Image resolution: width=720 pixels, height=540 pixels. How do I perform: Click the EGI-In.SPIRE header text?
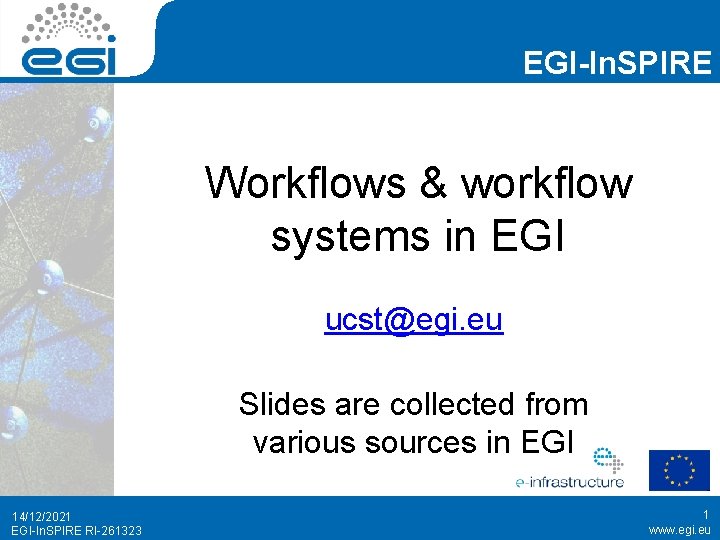click(617, 64)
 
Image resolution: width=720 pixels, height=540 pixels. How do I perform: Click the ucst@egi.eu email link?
click(413, 321)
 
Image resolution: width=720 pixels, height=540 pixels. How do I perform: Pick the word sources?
click(421, 441)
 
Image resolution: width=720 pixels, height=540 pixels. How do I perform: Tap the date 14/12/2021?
click(42, 515)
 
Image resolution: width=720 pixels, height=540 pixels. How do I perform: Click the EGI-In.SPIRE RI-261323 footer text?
click(76, 530)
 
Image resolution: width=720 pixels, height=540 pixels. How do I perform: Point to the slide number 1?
click(705, 514)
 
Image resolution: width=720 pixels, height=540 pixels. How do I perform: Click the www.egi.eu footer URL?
click(679, 530)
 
